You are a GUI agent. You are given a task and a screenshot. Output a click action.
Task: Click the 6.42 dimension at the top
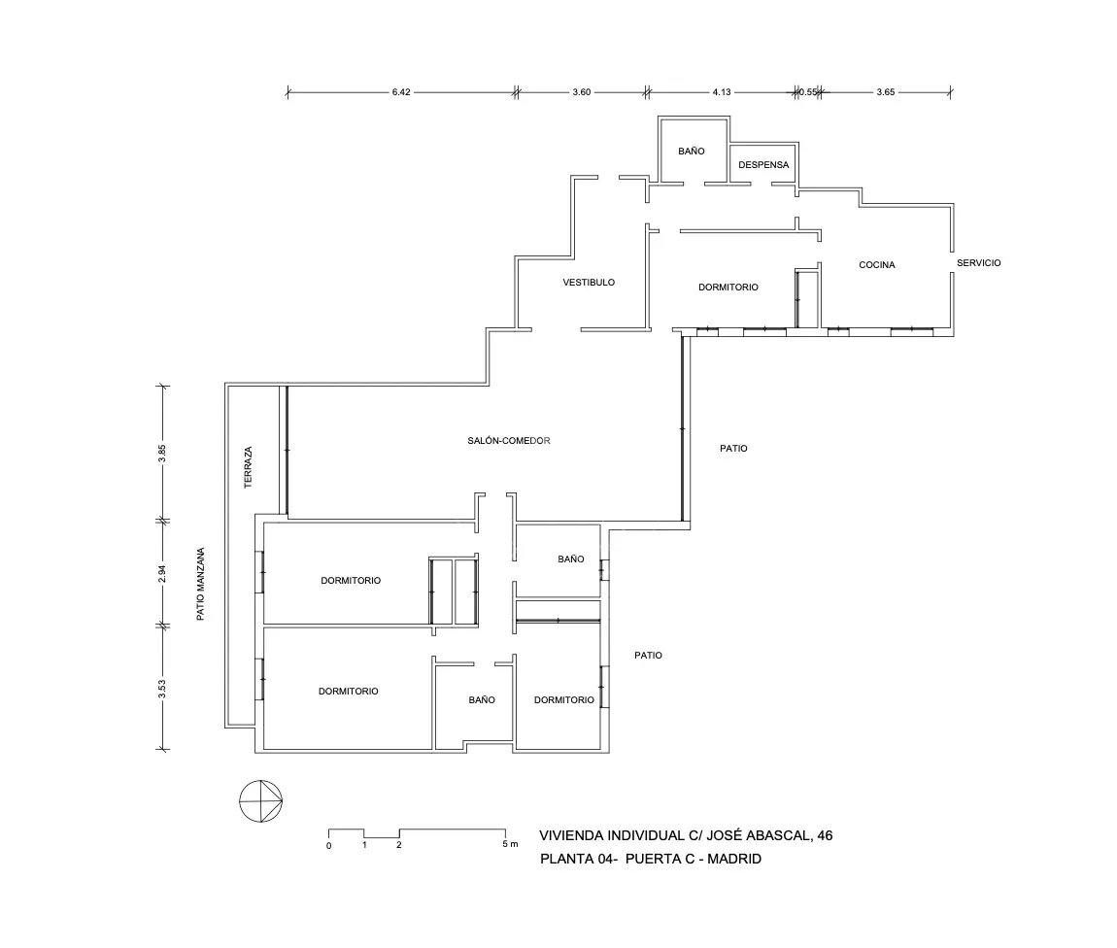point(401,92)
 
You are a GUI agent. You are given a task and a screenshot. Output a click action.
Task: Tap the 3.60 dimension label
point(581,92)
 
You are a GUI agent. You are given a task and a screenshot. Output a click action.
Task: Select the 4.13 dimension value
point(721,92)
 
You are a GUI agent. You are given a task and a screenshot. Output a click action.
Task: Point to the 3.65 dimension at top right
point(885,92)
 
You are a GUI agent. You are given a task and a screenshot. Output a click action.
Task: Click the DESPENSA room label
point(764,164)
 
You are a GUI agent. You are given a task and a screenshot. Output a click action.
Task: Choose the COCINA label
point(876,264)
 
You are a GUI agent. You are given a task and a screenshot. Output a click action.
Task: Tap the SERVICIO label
point(978,263)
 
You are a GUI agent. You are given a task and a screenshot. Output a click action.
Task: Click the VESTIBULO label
point(589,283)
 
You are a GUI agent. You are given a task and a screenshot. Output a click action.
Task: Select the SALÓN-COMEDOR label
point(509,441)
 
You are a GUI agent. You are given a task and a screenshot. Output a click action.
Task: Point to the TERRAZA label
point(249,466)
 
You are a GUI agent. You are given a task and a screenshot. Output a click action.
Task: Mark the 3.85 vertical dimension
point(163,454)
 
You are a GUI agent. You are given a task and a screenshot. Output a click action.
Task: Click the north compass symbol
point(261,800)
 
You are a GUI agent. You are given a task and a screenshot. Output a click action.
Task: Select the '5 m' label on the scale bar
point(510,845)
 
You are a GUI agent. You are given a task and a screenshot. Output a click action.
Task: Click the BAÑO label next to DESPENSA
point(691,152)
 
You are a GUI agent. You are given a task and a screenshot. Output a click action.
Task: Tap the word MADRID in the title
point(736,859)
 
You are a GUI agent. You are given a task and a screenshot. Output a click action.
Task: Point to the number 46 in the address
point(825,835)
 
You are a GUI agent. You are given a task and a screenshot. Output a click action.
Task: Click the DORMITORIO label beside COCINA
point(728,288)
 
